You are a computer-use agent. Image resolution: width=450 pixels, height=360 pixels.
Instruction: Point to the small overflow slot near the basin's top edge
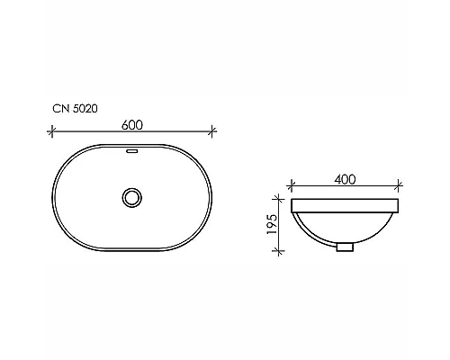133,152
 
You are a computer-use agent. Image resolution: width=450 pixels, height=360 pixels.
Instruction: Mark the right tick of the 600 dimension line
213,131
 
